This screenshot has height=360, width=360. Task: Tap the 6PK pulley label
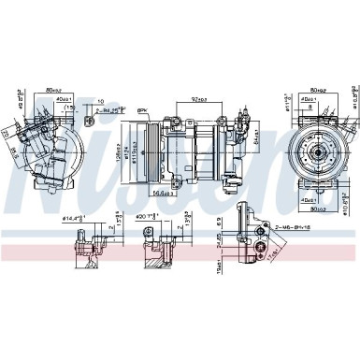(143, 110)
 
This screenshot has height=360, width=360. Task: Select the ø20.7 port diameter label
(147, 217)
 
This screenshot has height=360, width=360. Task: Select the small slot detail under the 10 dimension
(89, 121)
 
